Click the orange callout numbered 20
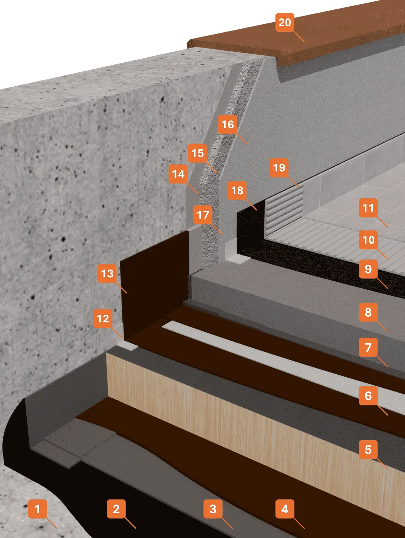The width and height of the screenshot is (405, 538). (285, 22)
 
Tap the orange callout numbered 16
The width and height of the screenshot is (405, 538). (227, 124)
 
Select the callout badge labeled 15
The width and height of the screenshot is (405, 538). (197, 153)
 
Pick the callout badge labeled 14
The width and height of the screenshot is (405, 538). (178, 174)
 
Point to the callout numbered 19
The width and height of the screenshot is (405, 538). (279, 167)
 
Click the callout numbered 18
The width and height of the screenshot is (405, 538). (237, 190)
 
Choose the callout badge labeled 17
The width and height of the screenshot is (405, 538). (202, 215)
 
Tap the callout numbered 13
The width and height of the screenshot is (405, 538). (107, 273)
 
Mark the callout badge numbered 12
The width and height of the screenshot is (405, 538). (103, 318)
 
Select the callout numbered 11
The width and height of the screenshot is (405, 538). (368, 208)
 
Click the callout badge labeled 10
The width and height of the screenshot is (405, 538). (368, 239)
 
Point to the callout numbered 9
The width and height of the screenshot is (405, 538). (368, 269)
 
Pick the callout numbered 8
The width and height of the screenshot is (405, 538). (368, 312)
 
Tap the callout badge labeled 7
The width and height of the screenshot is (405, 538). (368, 347)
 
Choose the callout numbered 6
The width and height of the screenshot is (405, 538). (368, 396)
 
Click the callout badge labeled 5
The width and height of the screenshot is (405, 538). (368, 450)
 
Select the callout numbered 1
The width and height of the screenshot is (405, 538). (37, 509)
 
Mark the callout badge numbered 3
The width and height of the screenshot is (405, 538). (213, 509)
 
